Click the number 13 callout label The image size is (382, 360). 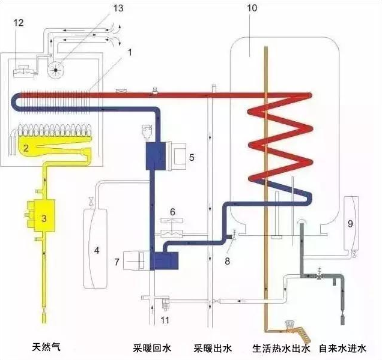118,8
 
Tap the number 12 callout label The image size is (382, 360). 19,23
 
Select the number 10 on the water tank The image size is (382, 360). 252,8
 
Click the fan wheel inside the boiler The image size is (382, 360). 55,70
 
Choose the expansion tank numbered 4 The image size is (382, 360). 95,248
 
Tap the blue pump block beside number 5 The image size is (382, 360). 156,156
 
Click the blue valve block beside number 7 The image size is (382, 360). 165,261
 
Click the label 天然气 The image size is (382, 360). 46,347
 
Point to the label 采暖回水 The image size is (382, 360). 152,348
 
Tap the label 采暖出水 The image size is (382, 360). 213,348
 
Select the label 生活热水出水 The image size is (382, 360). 281,348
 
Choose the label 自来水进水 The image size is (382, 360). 342,348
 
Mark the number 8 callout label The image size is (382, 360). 227,261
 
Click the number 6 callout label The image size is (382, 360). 172,212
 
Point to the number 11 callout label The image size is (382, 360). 165,320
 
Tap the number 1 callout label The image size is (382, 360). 130,52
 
